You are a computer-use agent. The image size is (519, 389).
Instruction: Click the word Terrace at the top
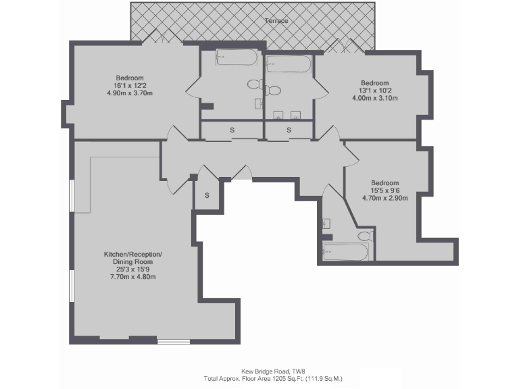pyautogui.click(x=277, y=21)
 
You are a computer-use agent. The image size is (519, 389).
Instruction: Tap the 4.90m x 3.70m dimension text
pyautogui.click(x=130, y=93)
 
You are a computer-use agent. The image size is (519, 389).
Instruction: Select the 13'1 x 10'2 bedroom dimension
pyautogui.click(x=375, y=90)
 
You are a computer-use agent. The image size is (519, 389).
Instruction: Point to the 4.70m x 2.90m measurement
pyautogui.click(x=385, y=199)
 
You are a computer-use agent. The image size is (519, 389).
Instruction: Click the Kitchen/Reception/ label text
pyautogui.click(x=132, y=254)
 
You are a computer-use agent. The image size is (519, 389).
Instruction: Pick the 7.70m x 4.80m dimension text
pyautogui.click(x=132, y=276)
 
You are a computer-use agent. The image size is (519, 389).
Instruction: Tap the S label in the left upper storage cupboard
pyautogui.click(x=232, y=130)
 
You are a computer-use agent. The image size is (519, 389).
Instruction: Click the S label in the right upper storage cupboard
pyautogui.click(x=289, y=130)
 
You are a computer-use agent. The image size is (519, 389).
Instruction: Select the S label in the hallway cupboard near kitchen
pyautogui.click(x=207, y=195)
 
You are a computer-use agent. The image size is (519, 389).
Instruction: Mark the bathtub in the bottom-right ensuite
pyautogui.click(x=345, y=252)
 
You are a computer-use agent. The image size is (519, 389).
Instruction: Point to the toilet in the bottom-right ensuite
pyautogui.click(x=365, y=236)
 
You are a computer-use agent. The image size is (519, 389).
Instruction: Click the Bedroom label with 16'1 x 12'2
pyautogui.click(x=130, y=78)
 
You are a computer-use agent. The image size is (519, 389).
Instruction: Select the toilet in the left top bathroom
pyautogui.click(x=254, y=85)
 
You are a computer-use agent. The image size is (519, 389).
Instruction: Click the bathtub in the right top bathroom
pyautogui.click(x=289, y=64)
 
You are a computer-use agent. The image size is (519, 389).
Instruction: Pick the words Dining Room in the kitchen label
pyautogui.click(x=132, y=261)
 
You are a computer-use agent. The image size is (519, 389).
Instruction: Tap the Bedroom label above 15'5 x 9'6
pyautogui.click(x=385, y=183)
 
